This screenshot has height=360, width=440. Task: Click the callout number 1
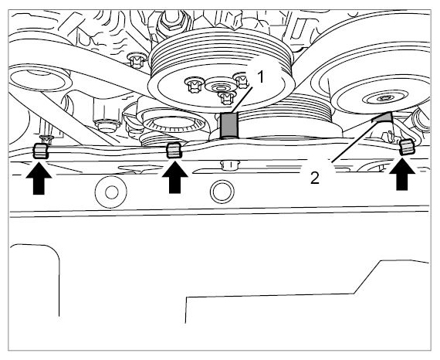pyautogui.click(x=261, y=77)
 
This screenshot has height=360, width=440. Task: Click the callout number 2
pyautogui.click(x=315, y=178)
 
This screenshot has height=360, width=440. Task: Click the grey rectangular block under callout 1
pyautogui.click(x=229, y=125)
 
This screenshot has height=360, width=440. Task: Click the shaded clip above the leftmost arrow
pyautogui.click(x=41, y=151)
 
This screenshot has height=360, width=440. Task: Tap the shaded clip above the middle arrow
pyautogui.click(x=174, y=150)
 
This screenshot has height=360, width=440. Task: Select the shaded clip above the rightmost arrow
pyautogui.click(x=407, y=148)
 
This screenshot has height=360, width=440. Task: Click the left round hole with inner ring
pyautogui.click(x=111, y=192)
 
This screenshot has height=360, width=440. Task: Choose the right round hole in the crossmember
pyautogui.click(x=222, y=192)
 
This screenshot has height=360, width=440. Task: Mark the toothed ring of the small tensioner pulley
pyautogui.click(x=174, y=124)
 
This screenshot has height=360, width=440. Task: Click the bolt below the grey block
pyautogui.click(x=229, y=165)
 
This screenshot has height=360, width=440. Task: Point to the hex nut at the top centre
pyautogui.click(x=171, y=19)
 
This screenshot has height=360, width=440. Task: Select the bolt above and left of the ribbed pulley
pyautogui.click(x=137, y=61)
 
